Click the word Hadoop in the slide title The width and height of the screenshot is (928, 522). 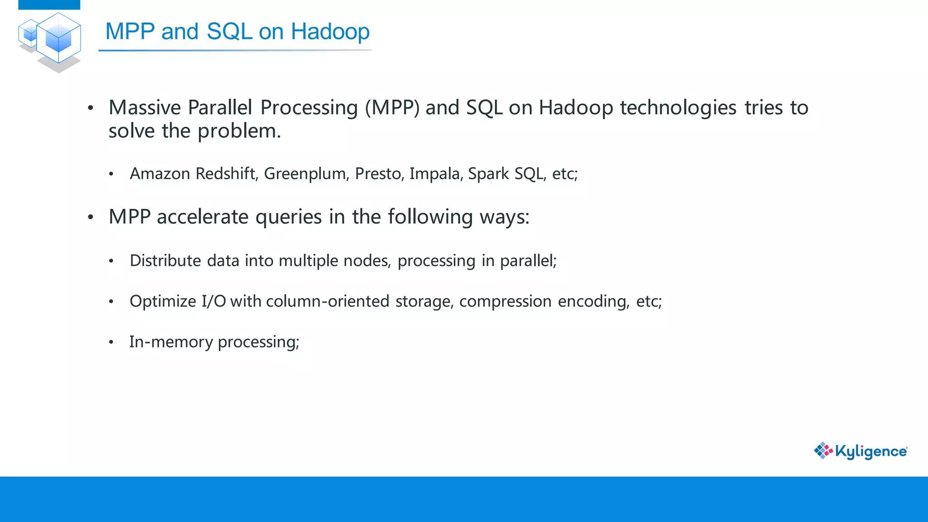pyautogui.click(x=330, y=32)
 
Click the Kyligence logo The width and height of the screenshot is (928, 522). pyautogui.click(x=860, y=451)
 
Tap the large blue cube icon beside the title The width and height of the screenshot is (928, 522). pyautogui.click(x=58, y=38)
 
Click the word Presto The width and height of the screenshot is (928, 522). pyautogui.click(x=379, y=174)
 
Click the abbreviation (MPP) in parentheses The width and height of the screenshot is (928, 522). pyautogui.click(x=392, y=108)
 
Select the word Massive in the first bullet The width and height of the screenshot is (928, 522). pyautogui.click(x=145, y=108)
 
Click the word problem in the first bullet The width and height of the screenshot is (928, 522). pyautogui.click(x=239, y=131)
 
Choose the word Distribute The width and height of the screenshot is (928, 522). pyautogui.click(x=165, y=261)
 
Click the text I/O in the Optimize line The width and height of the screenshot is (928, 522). pyautogui.click(x=214, y=301)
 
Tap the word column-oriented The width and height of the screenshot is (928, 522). pyautogui.click(x=328, y=301)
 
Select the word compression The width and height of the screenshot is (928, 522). pyautogui.click(x=505, y=301)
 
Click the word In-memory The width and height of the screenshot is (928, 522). pyautogui.click(x=171, y=342)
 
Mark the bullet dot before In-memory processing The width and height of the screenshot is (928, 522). pyautogui.click(x=111, y=343)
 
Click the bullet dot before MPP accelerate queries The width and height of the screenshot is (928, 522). pyautogui.click(x=91, y=217)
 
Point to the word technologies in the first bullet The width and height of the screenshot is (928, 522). pyautogui.click(x=678, y=108)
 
